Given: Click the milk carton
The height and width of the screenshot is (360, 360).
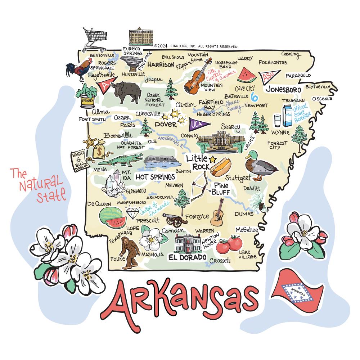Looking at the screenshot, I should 287,115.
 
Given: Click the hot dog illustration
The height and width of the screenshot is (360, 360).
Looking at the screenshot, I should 221,166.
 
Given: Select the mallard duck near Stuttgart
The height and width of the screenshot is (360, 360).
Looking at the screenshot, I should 260,166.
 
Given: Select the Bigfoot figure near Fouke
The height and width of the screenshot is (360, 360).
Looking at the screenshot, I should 130,253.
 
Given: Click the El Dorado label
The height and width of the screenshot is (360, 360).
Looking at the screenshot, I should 188,257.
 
